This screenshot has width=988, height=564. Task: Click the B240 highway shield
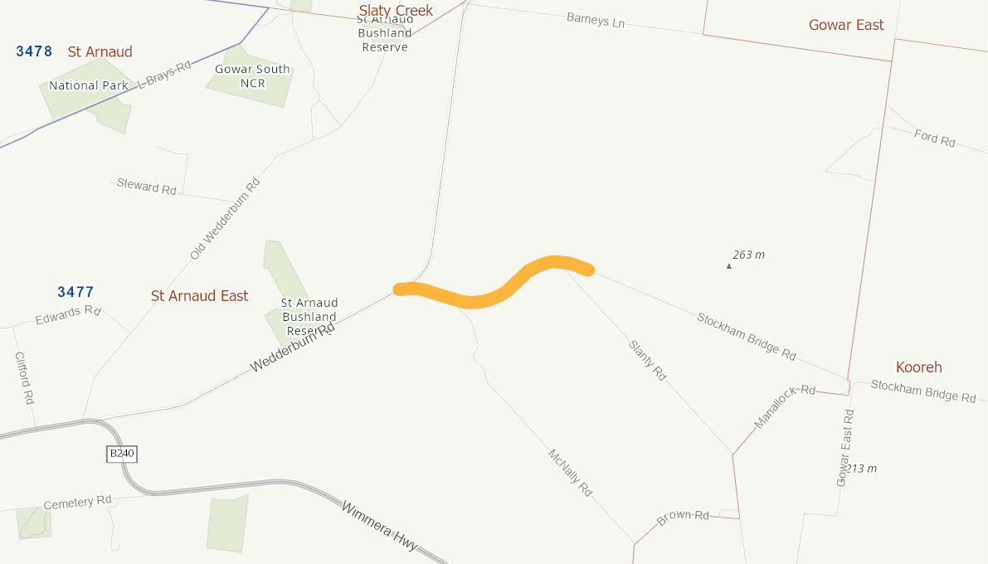[x=121, y=454]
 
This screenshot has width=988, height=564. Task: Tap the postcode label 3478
[x=34, y=51]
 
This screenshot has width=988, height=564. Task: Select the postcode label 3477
[x=75, y=292]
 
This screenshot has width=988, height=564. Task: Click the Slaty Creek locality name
[x=396, y=11]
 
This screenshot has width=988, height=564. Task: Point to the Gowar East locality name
[x=846, y=25]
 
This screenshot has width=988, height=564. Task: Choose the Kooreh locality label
[x=918, y=367]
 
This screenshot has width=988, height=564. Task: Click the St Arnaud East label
[x=199, y=296]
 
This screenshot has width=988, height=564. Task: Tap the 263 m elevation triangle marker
[x=729, y=266]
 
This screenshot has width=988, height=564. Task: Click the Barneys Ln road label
[x=596, y=20]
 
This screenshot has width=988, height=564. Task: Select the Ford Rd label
[x=934, y=139]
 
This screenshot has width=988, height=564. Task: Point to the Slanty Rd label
[x=647, y=361]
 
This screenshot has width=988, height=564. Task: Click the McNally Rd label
[x=570, y=473]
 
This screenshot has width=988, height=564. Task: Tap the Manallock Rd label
[x=785, y=406]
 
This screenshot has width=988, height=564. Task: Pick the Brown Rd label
[x=683, y=517]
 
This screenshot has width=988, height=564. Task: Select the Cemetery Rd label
[x=77, y=503]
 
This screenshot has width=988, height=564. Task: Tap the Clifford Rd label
[x=24, y=377]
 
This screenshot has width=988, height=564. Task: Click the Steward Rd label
[x=146, y=187]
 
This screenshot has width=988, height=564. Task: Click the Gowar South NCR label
[x=252, y=76]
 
